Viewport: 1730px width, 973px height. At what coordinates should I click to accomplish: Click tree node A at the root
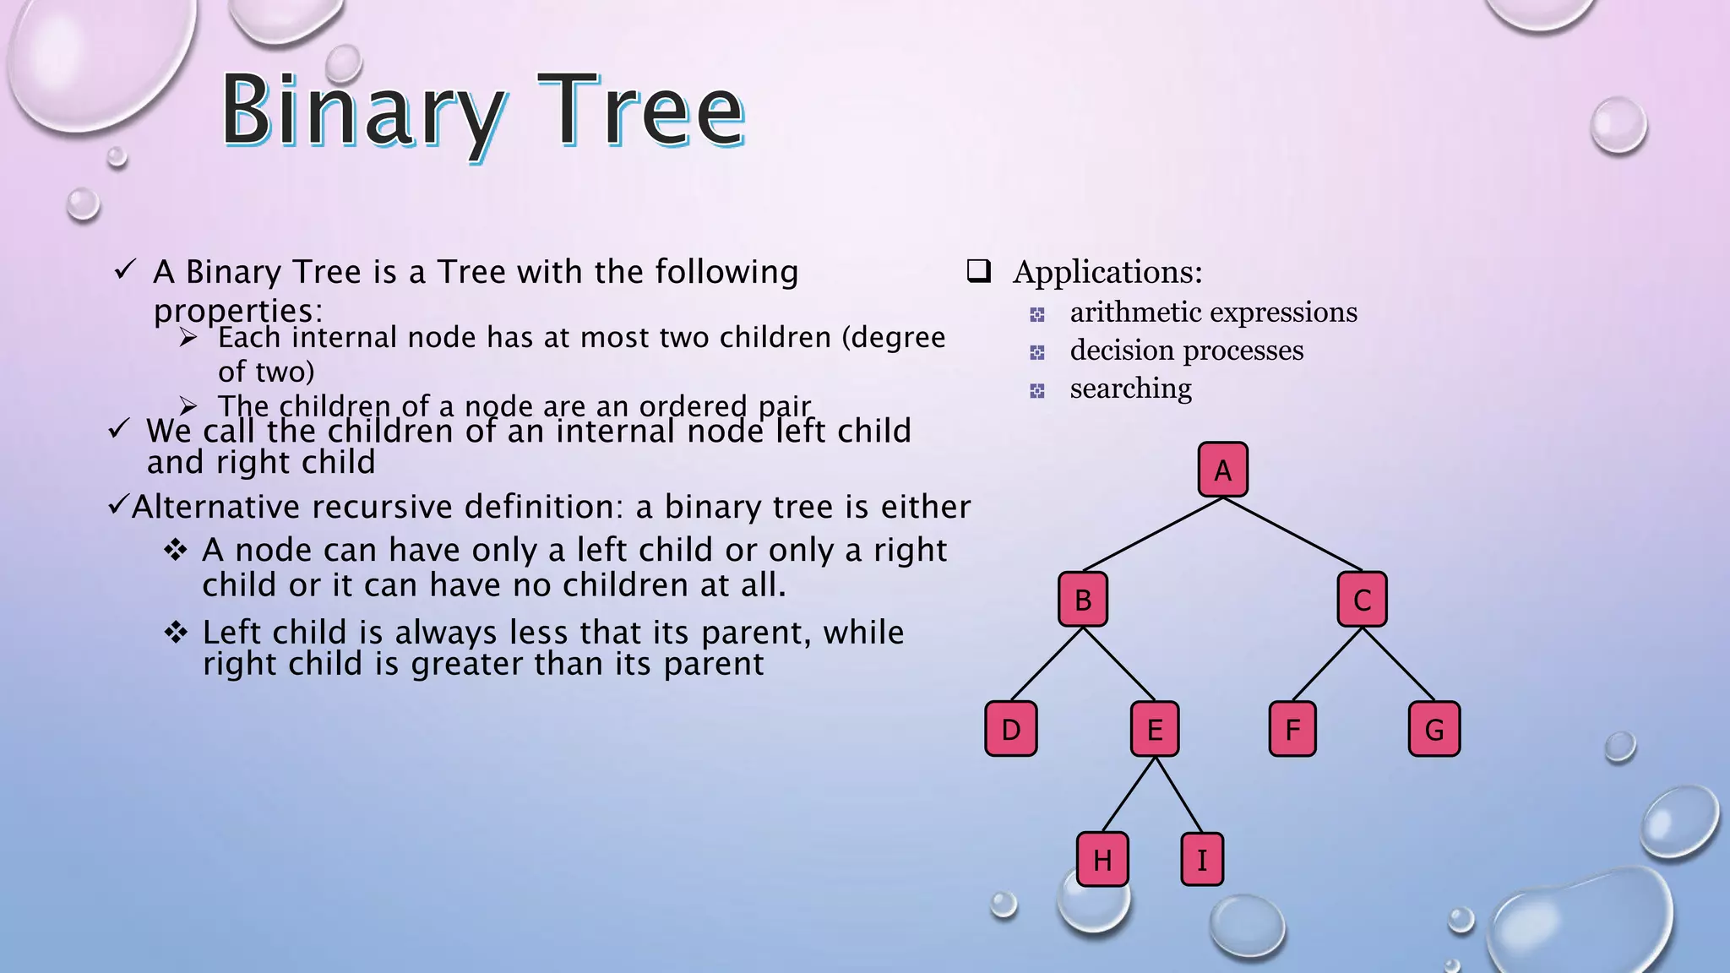[1222, 470]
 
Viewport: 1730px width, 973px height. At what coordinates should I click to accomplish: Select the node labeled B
[1082, 600]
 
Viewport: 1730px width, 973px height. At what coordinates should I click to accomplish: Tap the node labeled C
[1362, 600]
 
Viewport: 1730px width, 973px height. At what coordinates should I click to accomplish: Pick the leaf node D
[1010, 729]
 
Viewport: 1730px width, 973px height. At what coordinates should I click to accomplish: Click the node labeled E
[1154, 729]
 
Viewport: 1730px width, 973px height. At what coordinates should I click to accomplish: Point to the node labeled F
[1292, 729]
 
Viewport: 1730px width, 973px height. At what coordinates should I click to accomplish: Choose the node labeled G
[1434, 729]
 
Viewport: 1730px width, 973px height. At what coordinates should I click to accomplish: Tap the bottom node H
[1102, 860]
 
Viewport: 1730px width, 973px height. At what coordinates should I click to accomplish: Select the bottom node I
[1201, 860]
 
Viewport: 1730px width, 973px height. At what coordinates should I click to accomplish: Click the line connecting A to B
[1153, 535]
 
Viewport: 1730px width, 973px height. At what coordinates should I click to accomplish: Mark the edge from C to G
[1398, 665]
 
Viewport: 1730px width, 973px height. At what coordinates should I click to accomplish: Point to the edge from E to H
[1129, 795]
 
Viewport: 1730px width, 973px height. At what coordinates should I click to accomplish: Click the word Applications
[1107, 272]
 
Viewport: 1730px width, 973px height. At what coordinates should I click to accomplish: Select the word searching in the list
[1130, 389]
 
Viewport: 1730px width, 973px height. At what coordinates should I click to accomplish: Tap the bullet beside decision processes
[1037, 352]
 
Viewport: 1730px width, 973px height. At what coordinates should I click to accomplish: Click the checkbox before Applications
[978, 271]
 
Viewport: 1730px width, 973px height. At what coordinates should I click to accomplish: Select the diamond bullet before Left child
[176, 632]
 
